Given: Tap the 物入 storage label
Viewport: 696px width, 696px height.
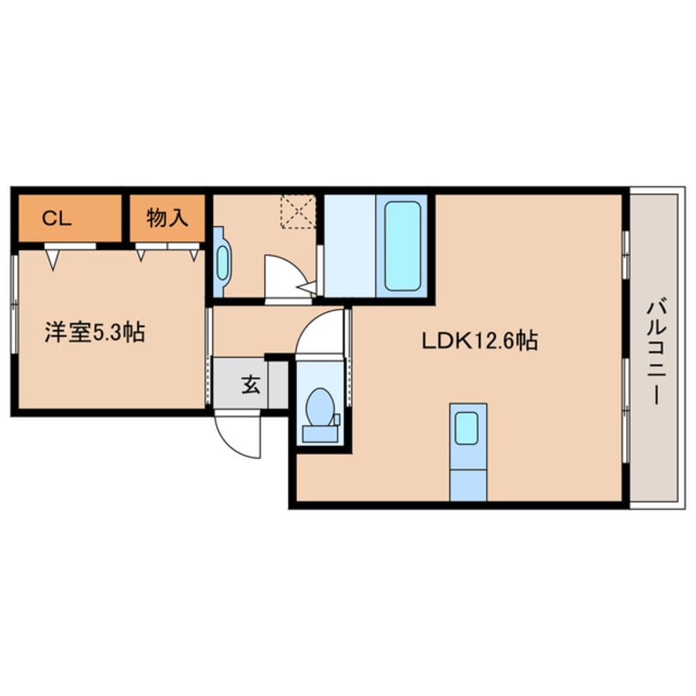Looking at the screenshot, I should [168, 218].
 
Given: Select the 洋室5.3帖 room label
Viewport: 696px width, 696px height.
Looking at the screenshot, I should [95, 333].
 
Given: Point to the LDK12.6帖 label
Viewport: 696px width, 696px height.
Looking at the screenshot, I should [480, 340].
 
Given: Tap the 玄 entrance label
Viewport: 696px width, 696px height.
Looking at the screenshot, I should [250, 384].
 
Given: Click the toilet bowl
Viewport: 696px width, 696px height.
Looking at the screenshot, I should [319, 406].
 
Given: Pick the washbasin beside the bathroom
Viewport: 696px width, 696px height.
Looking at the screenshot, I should [222, 262].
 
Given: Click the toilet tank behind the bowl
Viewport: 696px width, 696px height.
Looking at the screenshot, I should [319, 432].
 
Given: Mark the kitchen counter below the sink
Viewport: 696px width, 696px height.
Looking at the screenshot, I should [467, 482].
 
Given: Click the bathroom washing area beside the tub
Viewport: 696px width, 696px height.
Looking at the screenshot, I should [350, 244].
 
